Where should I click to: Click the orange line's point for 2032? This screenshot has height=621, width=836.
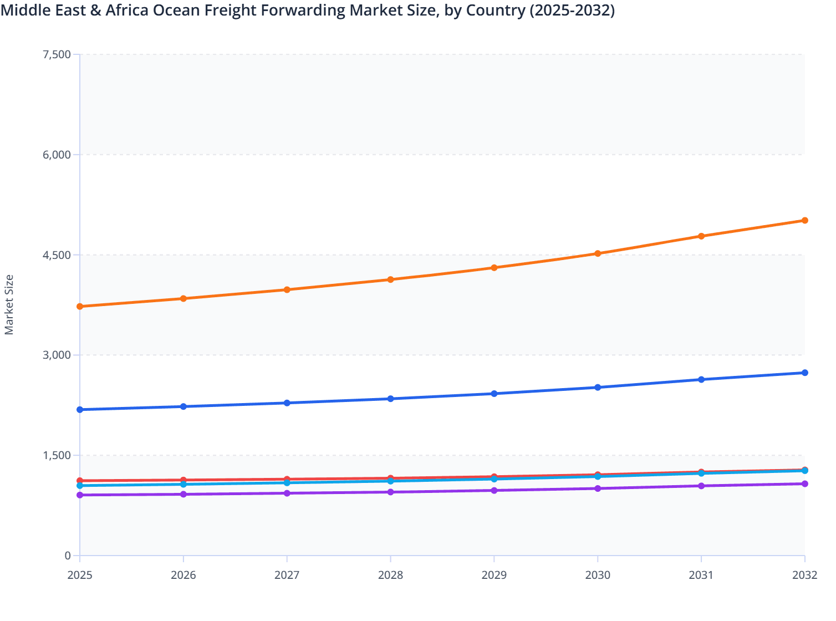804,221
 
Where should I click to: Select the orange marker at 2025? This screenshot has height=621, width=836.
80,307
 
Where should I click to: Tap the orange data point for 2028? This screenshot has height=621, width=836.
390,279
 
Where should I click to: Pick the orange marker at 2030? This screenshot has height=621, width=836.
598,253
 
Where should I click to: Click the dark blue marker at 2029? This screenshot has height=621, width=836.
494,394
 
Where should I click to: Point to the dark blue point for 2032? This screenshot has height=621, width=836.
804,373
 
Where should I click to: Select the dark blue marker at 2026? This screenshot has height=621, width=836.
183,406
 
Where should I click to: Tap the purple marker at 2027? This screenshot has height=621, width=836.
287,493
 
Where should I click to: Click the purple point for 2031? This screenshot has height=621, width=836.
701,486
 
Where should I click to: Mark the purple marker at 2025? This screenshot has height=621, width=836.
80,495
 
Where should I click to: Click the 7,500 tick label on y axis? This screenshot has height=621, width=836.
57,54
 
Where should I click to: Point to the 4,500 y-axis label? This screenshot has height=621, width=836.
57,255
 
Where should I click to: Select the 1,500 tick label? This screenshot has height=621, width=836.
57,455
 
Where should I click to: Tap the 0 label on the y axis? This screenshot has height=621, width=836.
68,556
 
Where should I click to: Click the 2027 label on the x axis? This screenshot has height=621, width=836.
287,575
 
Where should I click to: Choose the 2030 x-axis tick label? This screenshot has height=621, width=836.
598,575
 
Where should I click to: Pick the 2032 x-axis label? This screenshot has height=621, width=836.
804,575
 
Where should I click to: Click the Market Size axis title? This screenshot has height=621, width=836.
9,305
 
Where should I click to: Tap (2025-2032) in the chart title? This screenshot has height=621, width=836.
572,11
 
